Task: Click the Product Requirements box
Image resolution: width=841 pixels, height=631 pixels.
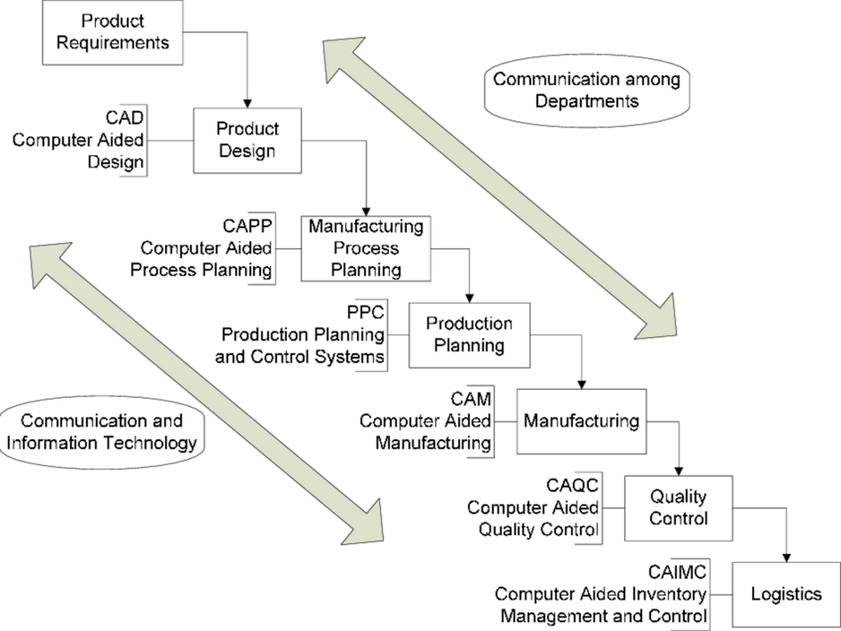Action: click(x=113, y=33)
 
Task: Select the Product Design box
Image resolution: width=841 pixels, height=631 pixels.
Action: click(x=248, y=140)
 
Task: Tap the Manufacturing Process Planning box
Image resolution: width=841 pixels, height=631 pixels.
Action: click(x=366, y=249)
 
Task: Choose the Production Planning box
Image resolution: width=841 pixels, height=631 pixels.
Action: click(x=469, y=335)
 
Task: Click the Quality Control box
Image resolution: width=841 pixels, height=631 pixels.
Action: click(x=678, y=508)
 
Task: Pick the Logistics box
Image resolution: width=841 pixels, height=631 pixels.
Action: click(x=786, y=595)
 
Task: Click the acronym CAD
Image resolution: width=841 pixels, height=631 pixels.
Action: click(x=124, y=118)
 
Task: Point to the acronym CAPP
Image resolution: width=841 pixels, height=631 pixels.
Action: click(x=248, y=226)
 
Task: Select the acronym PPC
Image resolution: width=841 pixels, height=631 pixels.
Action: click(x=365, y=312)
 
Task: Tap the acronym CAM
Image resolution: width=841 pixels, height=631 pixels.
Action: click(x=471, y=399)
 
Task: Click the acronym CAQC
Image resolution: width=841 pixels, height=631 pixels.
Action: click(x=572, y=485)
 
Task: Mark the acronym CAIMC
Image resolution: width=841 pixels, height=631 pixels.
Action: click(x=677, y=572)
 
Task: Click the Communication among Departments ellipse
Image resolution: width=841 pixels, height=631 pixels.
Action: click(x=587, y=90)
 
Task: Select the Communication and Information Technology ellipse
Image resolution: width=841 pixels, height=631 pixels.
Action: click(x=102, y=432)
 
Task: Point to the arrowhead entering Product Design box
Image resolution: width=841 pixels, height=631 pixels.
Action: click(x=248, y=104)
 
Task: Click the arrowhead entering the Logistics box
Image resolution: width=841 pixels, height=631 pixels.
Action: click(x=786, y=557)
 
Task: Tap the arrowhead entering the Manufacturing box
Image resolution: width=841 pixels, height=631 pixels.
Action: click(x=581, y=385)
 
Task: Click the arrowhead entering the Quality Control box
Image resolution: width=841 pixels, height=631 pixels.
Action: click(x=678, y=471)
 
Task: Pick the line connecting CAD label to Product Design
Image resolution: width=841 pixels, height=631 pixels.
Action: click(x=170, y=141)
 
